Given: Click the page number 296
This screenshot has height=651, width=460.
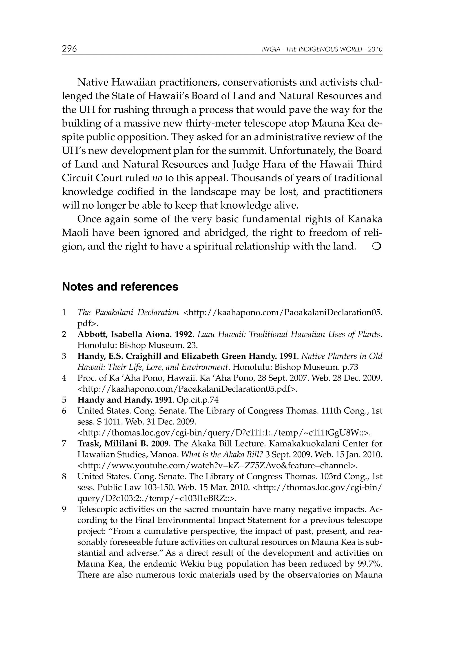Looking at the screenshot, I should (69, 49).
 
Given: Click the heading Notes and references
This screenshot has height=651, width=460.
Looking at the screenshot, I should (120, 287).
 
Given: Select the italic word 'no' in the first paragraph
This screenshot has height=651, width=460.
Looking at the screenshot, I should (157, 178).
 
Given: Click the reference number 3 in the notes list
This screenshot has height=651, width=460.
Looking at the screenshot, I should (64, 356).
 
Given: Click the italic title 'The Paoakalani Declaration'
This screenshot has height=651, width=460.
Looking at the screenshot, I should (128, 312).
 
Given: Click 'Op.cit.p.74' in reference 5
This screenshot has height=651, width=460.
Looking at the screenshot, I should (198, 400).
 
